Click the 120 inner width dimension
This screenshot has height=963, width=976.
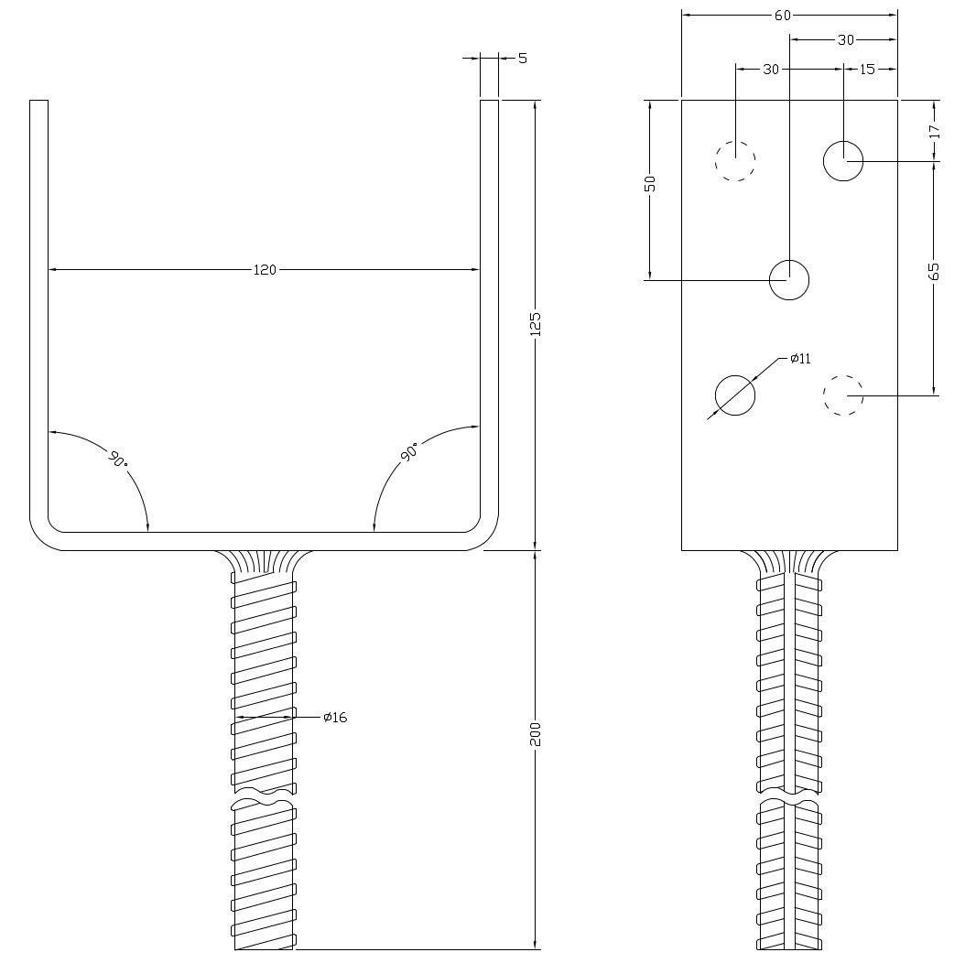(265, 269)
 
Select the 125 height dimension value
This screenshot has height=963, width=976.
(536, 324)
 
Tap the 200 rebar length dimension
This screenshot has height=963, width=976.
(536, 734)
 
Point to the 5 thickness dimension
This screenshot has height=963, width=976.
(522, 58)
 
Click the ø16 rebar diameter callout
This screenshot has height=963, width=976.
(335, 717)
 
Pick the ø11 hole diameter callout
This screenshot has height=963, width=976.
(800, 359)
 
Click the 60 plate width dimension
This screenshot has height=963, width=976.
(783, 16)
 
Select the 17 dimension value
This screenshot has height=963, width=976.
(934, 131)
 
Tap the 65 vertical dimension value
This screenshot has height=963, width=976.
(934, 271)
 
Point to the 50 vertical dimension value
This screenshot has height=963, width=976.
(650, 183)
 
